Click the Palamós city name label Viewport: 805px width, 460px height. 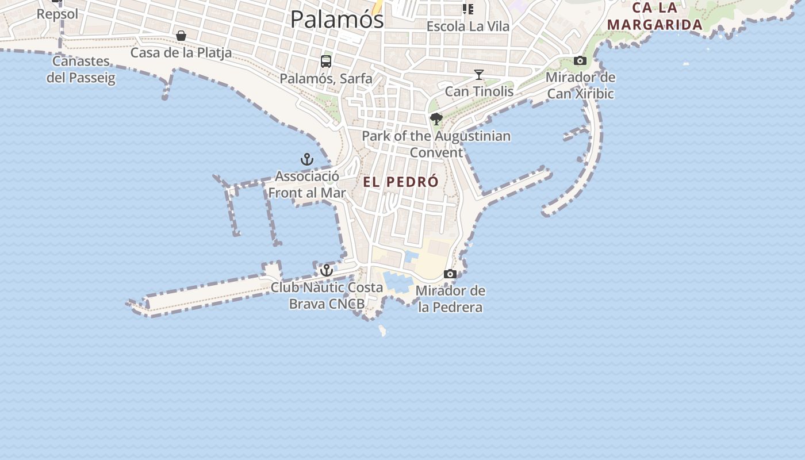[x=336, y=20]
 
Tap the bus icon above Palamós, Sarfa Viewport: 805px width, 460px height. [x=326, y=62]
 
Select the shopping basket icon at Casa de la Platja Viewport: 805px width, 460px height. [x=181, y=36]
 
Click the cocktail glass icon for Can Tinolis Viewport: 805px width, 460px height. [x=478, y=75]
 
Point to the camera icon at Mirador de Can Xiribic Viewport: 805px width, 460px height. [x=580, y=61]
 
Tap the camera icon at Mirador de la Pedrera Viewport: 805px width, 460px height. [x=450, y=274]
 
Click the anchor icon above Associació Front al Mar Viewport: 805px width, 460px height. [x=307, y=159]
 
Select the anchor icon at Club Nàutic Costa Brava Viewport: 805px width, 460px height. [x=327, y=270]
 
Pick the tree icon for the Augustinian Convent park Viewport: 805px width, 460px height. [x=436, y=119]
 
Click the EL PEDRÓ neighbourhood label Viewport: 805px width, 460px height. [x=401, y=182]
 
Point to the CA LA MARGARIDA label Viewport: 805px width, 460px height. [x=655, y=17]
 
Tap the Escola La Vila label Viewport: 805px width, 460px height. [x=467, y=26]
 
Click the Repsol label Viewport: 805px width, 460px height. [x=57, y=14]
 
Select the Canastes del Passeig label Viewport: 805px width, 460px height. [x=80, y=70]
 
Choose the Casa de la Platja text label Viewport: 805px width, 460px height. [x=181, y=53]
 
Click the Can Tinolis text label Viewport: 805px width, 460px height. [x=479, y=91]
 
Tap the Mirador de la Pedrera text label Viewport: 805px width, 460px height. [x=450, y=299]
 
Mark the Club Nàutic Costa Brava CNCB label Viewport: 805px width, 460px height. [x=327, y=296]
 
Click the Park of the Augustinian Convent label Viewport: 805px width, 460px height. [x=436, y=144]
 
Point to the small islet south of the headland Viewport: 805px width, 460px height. [x=382, y=331]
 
